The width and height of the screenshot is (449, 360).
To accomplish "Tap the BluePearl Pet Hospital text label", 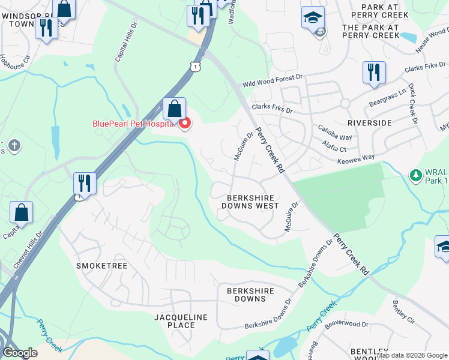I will [x=133, y=124].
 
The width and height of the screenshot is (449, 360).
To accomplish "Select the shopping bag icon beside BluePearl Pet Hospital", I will [x=174, y=109].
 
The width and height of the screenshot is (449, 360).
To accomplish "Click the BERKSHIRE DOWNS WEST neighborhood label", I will [x=250, y=202].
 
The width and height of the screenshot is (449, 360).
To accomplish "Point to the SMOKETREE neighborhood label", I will [x=103, y=265].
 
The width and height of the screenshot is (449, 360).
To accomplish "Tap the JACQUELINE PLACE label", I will [x=181, y=321].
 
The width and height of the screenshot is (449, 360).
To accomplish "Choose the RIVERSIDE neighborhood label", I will [x=369, y=122].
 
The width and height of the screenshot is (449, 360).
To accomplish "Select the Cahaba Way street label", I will [x=336, y=137].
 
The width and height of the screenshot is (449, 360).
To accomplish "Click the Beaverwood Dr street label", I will [x=346, y=324].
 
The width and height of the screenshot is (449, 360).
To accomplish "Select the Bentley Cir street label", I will [x=403, y=312].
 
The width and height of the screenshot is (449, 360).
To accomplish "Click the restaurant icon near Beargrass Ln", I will [x=374, y=73].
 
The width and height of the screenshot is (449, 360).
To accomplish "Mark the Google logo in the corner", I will [x=20, y=353].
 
